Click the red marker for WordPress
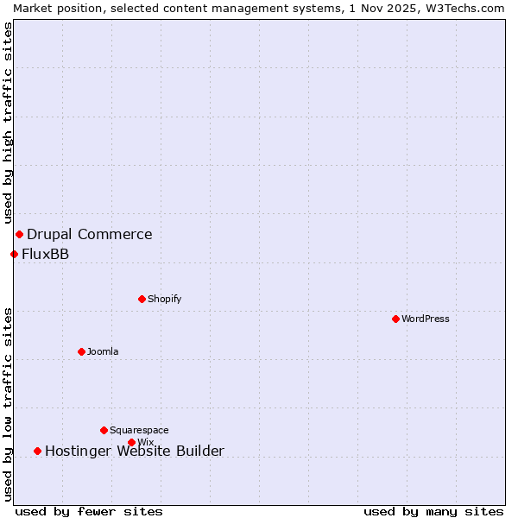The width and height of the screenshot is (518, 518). click(x=395, y=319)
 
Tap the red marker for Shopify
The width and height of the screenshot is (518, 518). click(x=142, y=299)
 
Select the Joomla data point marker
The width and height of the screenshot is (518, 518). click(x=81, y=351)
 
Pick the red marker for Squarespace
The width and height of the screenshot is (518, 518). click(x=104, y=430)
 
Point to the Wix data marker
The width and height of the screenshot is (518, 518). click(x=131, y=442)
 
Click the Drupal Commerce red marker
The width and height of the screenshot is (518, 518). click(x=19, y=234)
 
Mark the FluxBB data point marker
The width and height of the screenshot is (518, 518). click(x=14, y=254)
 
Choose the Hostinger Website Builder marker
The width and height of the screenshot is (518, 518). click(x=37, y=451)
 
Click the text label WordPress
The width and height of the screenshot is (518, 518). click(x=426, y=319)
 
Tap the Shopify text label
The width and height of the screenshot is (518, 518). click(x=164, y=299)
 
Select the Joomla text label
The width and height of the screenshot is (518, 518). click(x=103, y=351)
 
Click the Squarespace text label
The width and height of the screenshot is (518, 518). click(x=139, y=430)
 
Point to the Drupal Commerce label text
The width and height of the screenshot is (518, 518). click(x=90, y=234)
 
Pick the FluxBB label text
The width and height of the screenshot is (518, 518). click(x=46, y=254)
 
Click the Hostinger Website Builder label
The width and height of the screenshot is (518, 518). click(x=135, y=451)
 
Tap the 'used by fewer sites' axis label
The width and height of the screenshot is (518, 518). click(x=89, y=511)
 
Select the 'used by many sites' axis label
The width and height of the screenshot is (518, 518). click(x=433, y=511)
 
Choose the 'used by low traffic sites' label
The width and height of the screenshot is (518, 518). click(x=8, y=404)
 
